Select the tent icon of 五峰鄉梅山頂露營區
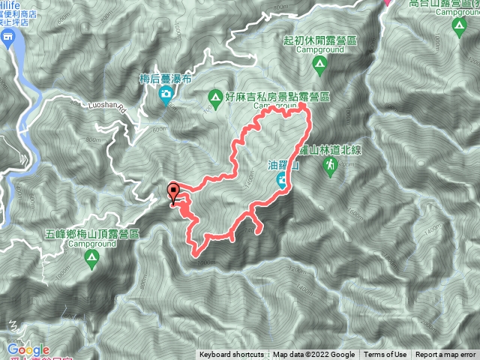click(x=91, y=259)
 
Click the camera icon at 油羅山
click(x=280, y=178)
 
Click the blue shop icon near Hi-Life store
click(x=7, y=37)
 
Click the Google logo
click(x=28, y=349)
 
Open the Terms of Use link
click(x=385, y=355)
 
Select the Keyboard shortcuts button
click(x=231, y=355)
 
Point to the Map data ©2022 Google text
click(x=314, y=355)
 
